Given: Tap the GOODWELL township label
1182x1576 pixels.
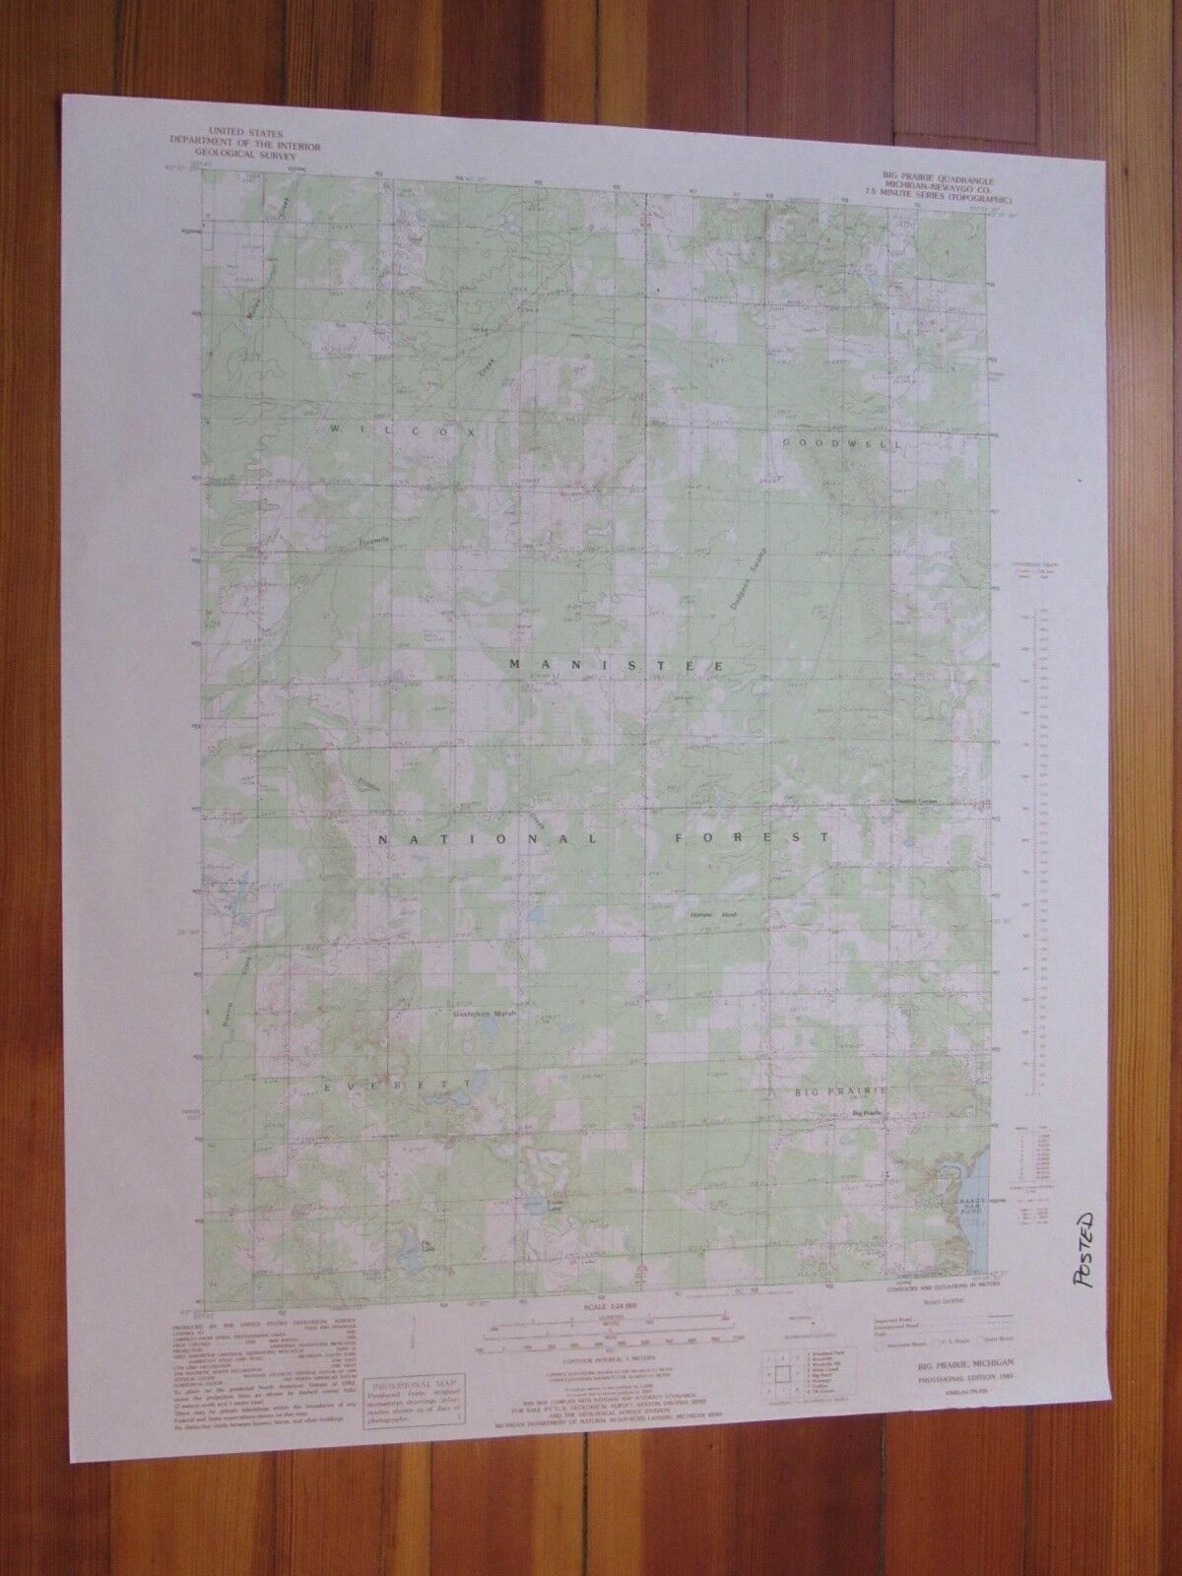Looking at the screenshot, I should (827, 443).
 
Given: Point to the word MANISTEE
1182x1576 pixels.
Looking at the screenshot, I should (618, 667).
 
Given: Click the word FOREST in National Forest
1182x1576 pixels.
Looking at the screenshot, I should (752, 838).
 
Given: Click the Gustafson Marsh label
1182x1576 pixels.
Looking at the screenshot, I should (484, 1013).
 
